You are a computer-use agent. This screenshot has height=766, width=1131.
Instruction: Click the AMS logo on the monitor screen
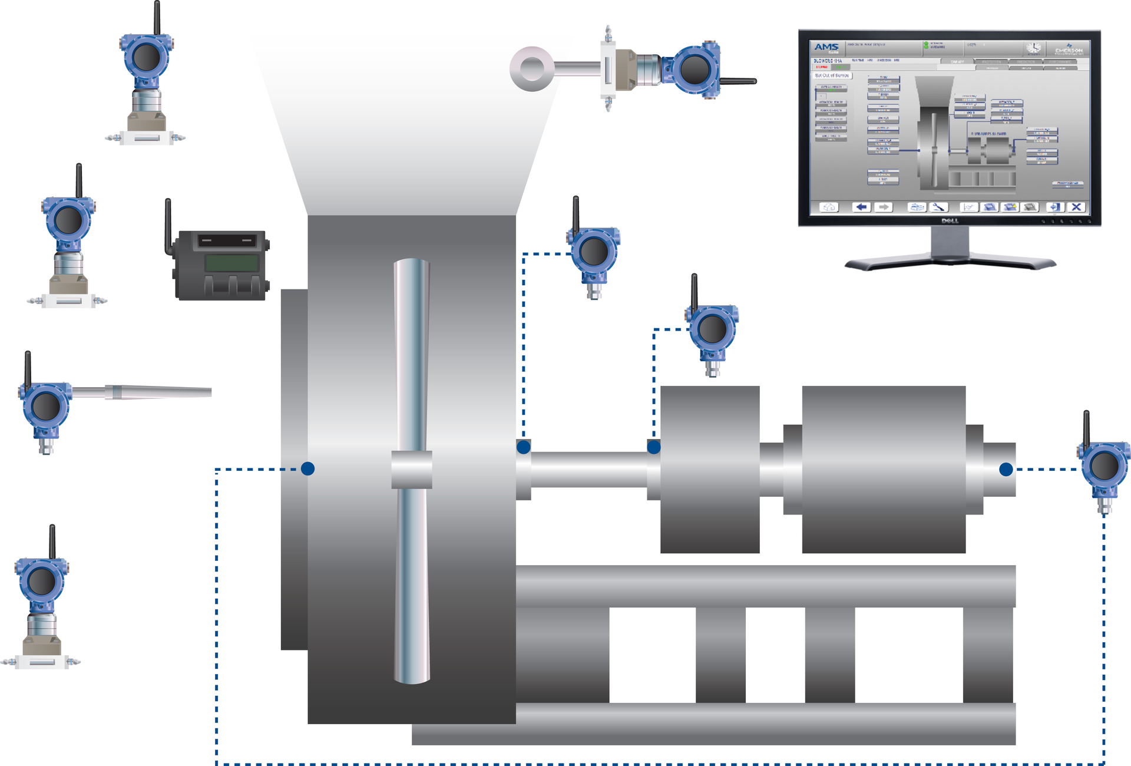826,47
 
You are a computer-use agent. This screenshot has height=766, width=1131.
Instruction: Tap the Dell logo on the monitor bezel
950,221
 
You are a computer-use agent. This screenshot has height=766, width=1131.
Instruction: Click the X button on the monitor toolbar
1076,207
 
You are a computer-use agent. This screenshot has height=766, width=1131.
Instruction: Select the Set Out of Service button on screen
832,75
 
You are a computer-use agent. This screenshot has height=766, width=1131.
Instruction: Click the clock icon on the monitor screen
1033,48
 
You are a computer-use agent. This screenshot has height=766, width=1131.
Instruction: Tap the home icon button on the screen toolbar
829,207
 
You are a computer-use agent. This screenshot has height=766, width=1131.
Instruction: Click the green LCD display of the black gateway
232,263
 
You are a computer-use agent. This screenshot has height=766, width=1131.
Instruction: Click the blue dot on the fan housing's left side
307,468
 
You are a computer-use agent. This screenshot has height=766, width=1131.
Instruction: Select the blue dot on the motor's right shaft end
1006,469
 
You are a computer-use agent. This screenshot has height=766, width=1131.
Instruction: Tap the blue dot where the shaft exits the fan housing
523,447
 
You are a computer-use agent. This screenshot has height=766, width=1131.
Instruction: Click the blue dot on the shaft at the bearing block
654,447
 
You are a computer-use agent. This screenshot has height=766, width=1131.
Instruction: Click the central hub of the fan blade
412,470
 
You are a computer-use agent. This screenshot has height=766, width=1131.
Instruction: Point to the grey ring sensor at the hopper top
532,69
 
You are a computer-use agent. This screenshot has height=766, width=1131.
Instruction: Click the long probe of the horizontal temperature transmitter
159,392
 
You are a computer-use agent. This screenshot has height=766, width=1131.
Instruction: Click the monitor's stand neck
950,242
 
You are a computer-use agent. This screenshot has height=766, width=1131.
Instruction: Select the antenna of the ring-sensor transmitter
738,81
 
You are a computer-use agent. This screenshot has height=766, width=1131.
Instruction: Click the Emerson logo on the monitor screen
1069,49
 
